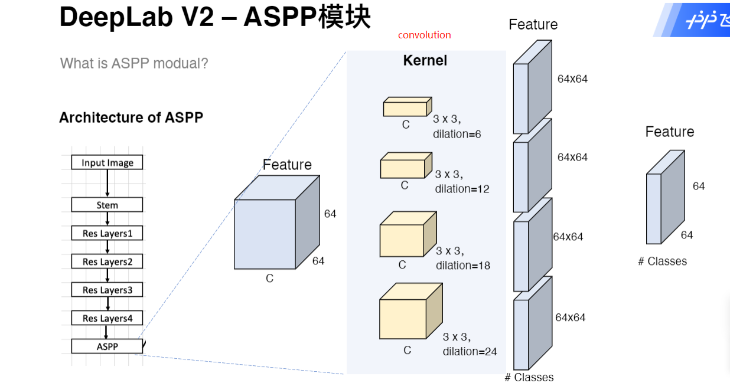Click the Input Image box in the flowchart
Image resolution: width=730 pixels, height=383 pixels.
[107, 163]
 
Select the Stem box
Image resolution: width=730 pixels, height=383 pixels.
[107, 205]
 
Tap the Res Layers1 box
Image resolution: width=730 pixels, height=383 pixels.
[107, 234]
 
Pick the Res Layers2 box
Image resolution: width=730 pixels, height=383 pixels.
[107, 262]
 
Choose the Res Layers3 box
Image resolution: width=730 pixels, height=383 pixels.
[107, 290]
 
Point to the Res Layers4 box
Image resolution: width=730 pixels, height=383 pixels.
[107, 318]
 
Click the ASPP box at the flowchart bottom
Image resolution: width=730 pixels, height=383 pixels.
[107, 346]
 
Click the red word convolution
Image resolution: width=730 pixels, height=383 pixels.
[424, 35]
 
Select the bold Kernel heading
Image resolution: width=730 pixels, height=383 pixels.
[425, 60]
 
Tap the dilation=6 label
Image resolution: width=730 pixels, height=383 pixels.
[457, 134]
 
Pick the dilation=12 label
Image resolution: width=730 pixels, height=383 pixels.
[462, 189]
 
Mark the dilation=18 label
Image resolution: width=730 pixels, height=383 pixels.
[462, 266]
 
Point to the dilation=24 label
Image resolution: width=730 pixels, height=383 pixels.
[470, 352]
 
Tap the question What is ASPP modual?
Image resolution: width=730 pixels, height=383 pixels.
[134, 63]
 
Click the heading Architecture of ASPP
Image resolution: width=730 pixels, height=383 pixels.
[131, 117]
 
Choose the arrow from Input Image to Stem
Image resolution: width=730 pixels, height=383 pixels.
[107, 184]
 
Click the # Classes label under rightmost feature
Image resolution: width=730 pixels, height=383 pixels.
[662, 261]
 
